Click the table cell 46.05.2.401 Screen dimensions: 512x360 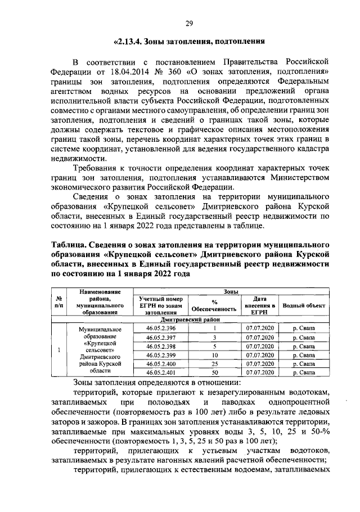coord(161,372)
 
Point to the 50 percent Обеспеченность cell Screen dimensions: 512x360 coord(214,372)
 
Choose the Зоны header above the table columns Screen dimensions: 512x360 coord(229,292)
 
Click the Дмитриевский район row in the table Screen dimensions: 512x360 coord(193,319)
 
